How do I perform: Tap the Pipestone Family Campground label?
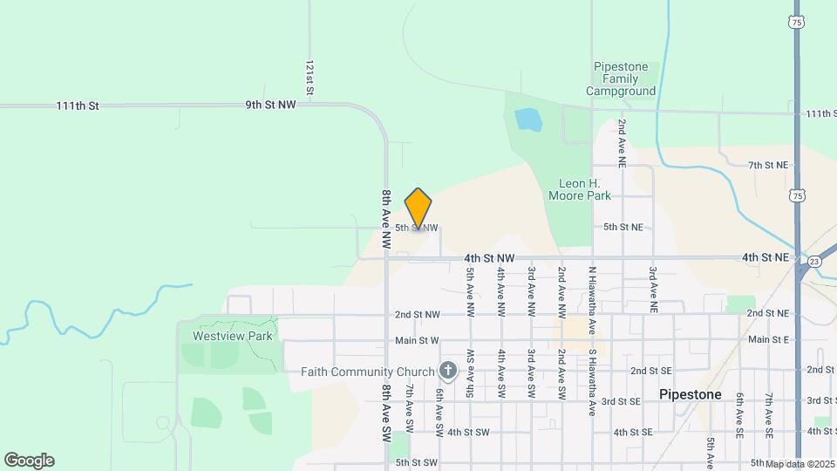(x=621, y=78)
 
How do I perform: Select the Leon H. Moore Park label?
(x=583, y=189)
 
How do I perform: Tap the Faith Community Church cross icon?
(x=448, y=372)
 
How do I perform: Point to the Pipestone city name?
(x=690, y=394)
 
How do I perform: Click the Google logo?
(x=29, y=461)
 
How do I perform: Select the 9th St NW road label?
(x=270, y=105)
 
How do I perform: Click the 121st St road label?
(x=310, y=78)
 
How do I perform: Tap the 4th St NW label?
(x=489, y=258)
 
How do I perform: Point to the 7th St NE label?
(x=767, y=165)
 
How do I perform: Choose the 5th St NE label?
(x=623, y=227)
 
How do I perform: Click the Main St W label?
(x=417, y=340)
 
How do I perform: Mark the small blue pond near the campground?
(x=527, y=119)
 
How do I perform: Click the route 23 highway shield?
(x=813, y=261)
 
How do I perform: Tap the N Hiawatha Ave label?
(x=592, y=290)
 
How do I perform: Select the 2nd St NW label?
(x=417, y=314)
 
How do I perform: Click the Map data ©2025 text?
(x=800, y=463)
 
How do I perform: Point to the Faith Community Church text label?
(x=367, y=372)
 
